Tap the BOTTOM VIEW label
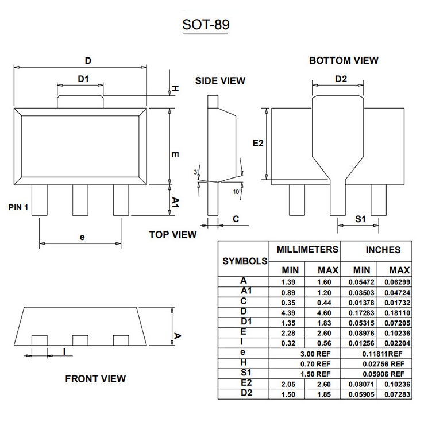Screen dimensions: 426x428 pyautogui.click(x=344, y=60)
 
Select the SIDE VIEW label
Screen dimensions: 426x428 pyautogui.click(x=220, y=80)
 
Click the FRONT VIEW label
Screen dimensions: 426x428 pyautogui.click(x=95, y=378)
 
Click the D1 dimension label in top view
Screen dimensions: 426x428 pyautogui.click(x=83, y=79)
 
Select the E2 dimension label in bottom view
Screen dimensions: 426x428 pyautogui.click(x=258, y=143)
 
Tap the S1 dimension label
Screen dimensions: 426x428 pyautogui.click(x=360, y=219)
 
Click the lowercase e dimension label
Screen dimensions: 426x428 pyautogui.click(x=82, y=237)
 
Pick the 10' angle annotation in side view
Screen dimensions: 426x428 pyautogui.click(x=236, y=192)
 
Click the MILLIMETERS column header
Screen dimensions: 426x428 pyautogui.click(x=307, y=250)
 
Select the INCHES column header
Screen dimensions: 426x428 pyautogui.click(x=383, y=250)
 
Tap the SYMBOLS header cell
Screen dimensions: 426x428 pyautogui.click(x=245, y=260)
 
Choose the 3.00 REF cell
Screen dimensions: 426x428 pyautogui.click(x=315, y=352)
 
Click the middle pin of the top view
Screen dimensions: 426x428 pyautogui.click(x=80, y=200)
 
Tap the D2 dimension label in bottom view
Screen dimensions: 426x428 pyautogui.click(x=341, y=79)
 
